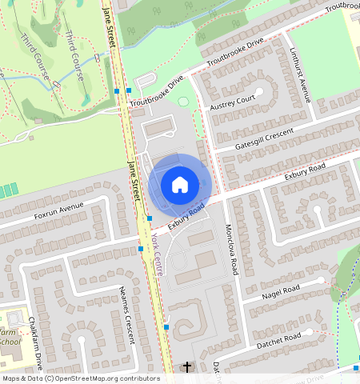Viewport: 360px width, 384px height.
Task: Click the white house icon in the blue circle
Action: point(180,185)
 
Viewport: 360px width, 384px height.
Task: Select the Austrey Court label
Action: point(232,102)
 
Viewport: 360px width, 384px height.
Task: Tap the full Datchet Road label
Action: point(281,339)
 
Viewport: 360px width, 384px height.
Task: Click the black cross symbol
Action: point(187,367)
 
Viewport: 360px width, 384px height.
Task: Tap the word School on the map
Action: point(10,342)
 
